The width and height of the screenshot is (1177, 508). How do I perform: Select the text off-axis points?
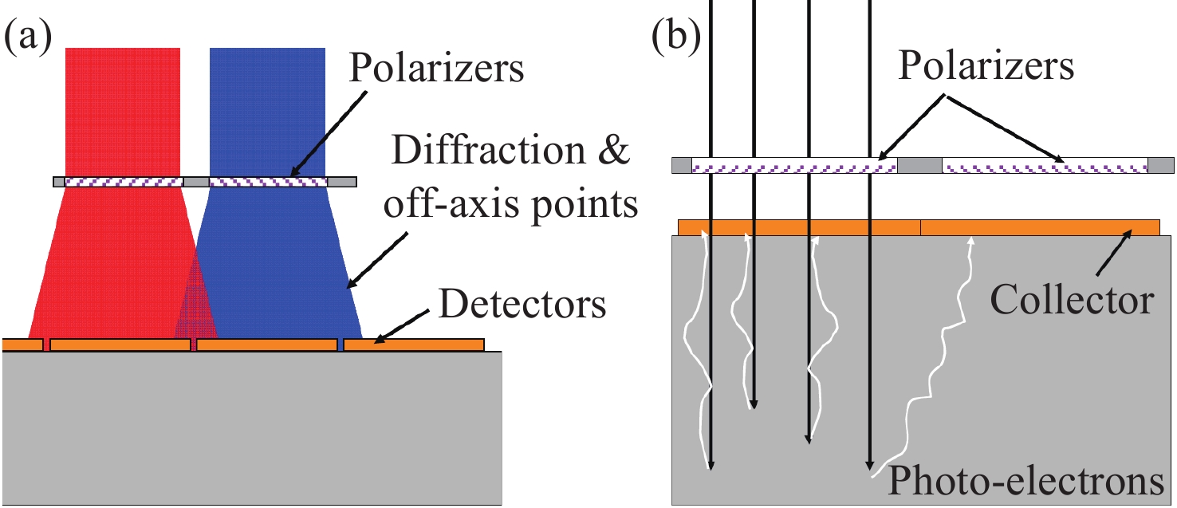(x=511, y=205)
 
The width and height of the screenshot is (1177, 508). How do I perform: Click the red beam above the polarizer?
(x=123, y=112)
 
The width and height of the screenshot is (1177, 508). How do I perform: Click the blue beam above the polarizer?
(x=267, y=112)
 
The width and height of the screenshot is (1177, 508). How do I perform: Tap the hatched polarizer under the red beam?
(x=124, y=182)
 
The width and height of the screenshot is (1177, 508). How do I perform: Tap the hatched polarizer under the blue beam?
(x=268, y=182)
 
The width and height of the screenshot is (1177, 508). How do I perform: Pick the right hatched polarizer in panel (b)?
(x=1045, y=166)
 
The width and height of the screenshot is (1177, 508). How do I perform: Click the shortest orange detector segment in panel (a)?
(x=22, y=345)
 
